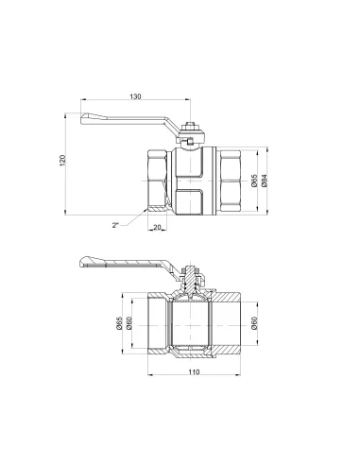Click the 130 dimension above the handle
coord(135,96)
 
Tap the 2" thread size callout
coord(114,225)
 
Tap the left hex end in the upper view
coord(158,177)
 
